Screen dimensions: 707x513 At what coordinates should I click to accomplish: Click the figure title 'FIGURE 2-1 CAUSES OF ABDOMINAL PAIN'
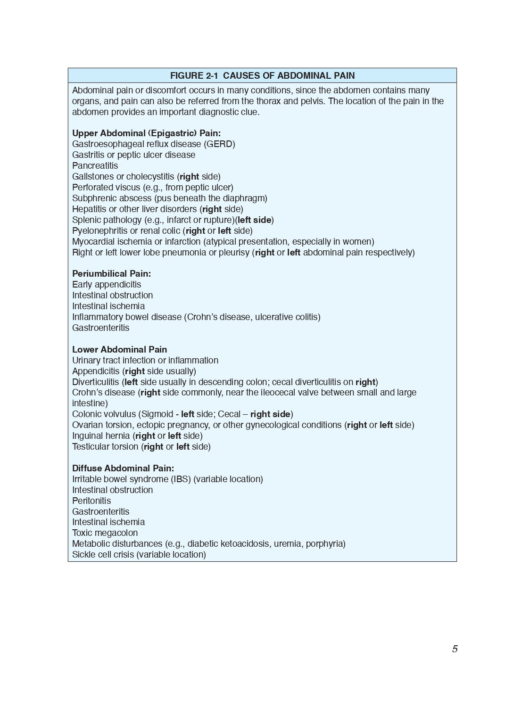262,75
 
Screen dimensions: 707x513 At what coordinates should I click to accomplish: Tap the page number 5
455,649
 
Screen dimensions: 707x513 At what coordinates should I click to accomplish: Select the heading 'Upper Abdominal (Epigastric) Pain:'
146,133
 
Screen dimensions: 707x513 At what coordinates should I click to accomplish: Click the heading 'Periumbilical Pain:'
111,274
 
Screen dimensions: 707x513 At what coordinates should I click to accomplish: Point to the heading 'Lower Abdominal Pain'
119,350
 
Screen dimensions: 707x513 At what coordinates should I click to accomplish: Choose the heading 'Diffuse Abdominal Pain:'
123,469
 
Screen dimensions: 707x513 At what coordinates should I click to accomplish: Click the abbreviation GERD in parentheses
219,144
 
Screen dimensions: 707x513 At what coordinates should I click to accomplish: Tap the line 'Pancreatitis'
95,166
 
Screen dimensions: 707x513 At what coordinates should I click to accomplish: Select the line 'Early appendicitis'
107,285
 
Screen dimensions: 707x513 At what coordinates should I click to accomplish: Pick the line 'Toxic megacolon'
105,533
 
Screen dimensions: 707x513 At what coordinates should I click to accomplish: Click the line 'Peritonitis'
91,501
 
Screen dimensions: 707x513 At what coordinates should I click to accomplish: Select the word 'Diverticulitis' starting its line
95,382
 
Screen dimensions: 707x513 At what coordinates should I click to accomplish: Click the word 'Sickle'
83,555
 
